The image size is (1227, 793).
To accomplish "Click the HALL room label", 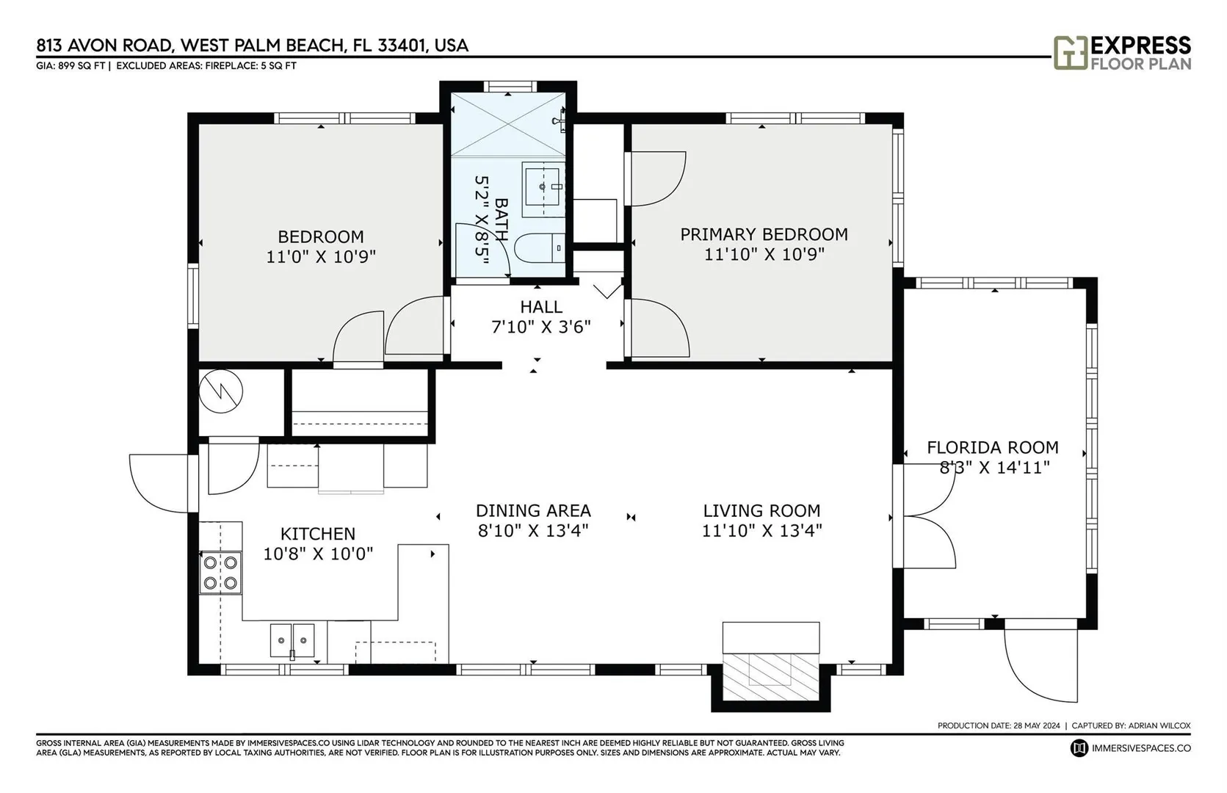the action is click(541, 307).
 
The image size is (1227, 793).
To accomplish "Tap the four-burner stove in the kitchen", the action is click(220, 572).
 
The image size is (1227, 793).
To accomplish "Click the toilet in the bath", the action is click(540, 248).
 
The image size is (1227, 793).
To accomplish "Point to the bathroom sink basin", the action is click(543, 189).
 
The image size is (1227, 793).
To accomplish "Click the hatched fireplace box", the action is click(771, 677).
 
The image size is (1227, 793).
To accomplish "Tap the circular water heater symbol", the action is click(221, 391).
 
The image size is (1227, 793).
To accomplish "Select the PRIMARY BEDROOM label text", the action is click(764, 234).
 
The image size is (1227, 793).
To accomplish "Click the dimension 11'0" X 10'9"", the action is click(321, 257).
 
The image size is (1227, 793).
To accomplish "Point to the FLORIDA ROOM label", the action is click(993, 447).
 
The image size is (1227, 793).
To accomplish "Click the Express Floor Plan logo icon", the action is click(1071, 53).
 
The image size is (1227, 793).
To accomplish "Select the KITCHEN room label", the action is click(318, 533).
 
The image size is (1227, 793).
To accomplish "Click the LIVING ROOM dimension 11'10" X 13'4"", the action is click(762, 531).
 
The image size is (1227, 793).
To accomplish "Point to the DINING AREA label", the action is click(534, 510).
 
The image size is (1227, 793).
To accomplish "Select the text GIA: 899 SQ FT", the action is click(70, 66).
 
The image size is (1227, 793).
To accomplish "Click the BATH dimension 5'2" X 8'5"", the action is click(482, 221).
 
